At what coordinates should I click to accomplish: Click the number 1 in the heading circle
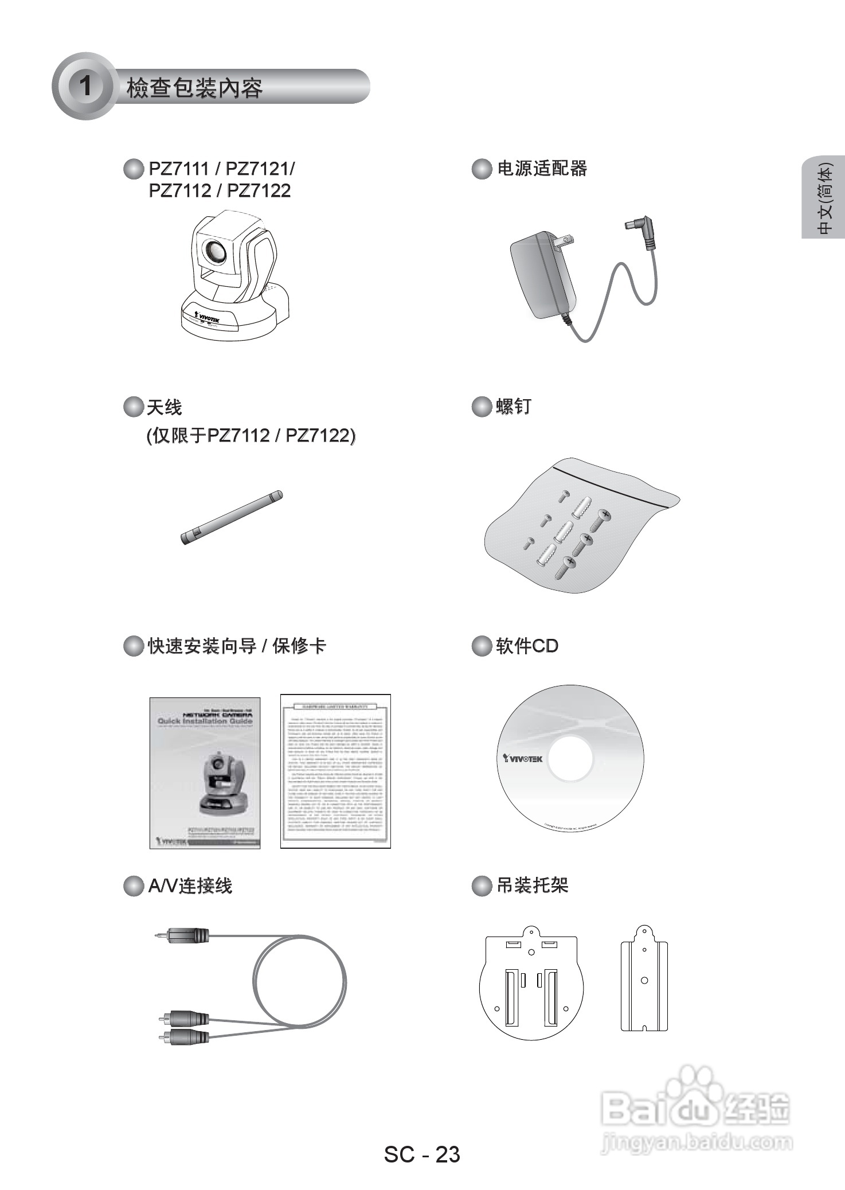[x=85, y=86]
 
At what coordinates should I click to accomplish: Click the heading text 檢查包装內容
[x=194, y=88]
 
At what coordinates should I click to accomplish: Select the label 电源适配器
[x=542, y=169]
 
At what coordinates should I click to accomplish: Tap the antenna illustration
[x=232, y=517]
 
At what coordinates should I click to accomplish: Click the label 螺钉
[x=513, y=407]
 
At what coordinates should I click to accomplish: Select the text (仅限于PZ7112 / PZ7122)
[x=251, y=436]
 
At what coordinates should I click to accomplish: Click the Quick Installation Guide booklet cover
[x=205, y=772]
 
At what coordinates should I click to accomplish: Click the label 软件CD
[x=526, y=646]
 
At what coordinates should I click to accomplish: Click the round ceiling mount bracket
[x=531, y=982]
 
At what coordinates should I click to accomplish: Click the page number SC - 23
[x=422, y=1154]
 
